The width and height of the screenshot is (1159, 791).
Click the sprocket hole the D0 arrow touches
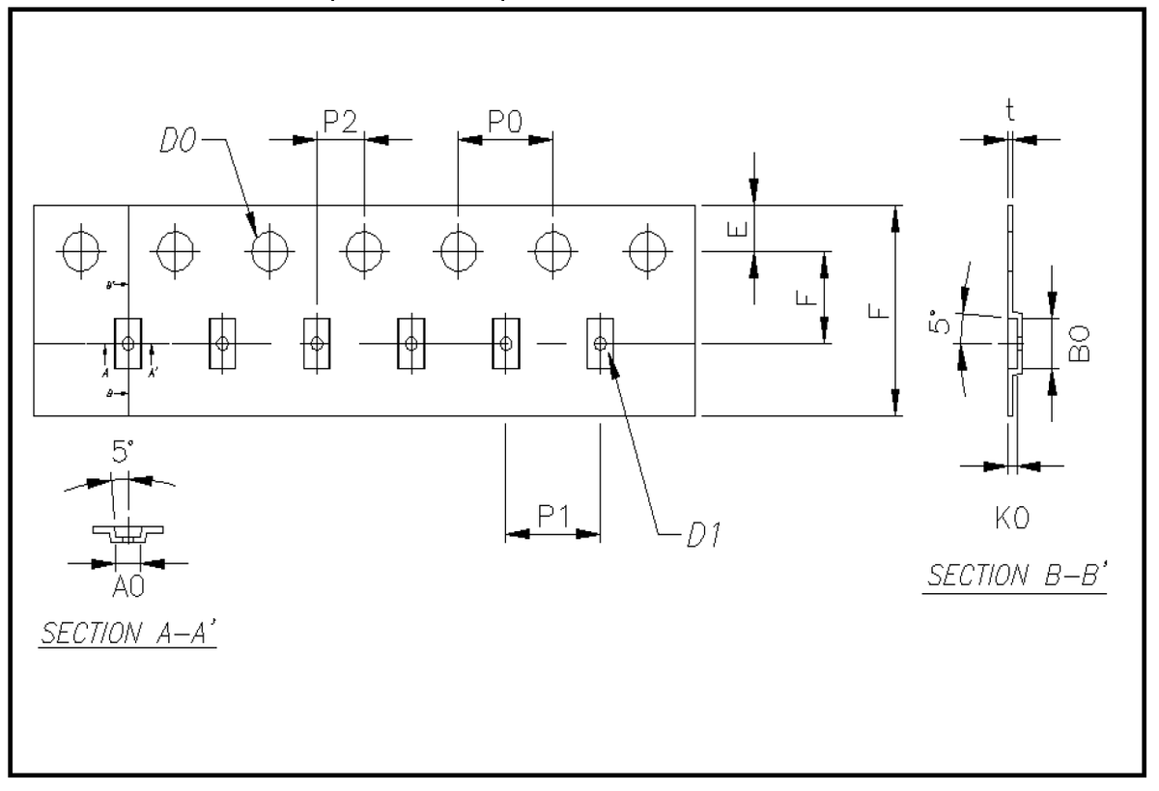[x=269, y=250]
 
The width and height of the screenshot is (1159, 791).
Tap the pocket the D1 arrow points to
[x=600, y=343]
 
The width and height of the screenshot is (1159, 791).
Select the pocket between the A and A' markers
[x=128, y=343]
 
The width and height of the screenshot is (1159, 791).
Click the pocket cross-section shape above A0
[x=127, y=532]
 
